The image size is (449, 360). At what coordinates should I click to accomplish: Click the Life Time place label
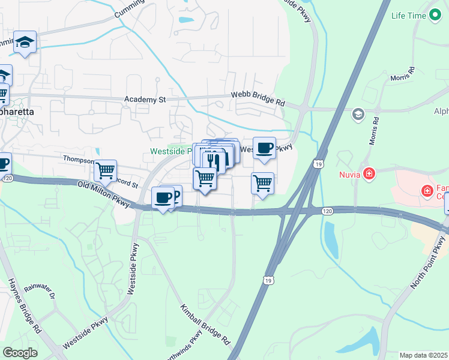[408, 16]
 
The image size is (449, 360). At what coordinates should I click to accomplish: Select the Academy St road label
[144, 100]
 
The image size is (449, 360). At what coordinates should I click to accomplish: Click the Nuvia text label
[348, 175]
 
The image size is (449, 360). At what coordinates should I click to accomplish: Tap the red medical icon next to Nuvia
[369, 175]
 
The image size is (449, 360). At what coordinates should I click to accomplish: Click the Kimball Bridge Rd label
[206, 324]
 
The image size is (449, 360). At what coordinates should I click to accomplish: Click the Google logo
[20, 353]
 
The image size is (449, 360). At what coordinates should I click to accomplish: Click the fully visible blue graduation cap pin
[25, 42]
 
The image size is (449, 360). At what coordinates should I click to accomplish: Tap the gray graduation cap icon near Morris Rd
[358, 114]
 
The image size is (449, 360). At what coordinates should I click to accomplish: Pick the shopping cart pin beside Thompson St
[106, 170]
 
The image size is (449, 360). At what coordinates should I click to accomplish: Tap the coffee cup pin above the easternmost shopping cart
[264, 148]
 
